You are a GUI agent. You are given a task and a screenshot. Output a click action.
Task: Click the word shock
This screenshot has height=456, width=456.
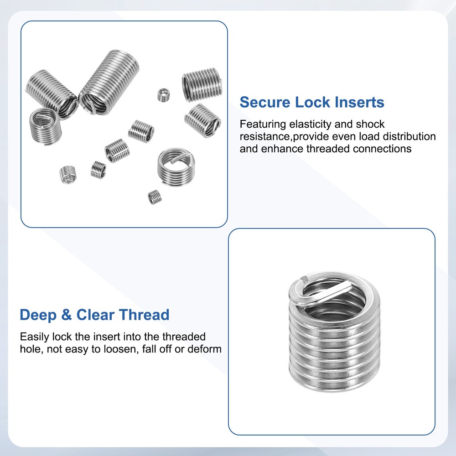coord(370,124)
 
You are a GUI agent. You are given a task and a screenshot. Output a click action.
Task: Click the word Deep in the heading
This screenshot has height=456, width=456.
coord(39,315)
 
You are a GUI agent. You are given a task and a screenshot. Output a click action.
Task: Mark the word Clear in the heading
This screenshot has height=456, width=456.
coord(95,315)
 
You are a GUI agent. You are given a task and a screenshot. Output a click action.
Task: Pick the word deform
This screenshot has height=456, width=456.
coord(206,349)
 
